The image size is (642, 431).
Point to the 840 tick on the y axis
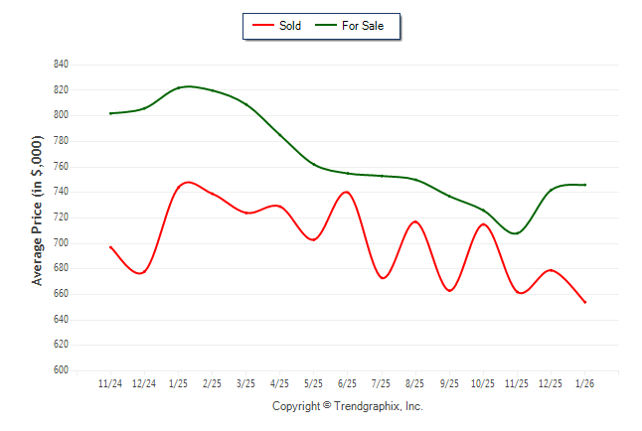(61, 65)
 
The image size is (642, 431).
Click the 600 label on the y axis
(61, 370)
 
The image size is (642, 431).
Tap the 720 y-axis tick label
(61, 217)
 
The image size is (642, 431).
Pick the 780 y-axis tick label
(61, 141)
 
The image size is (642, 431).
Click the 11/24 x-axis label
(110, 383)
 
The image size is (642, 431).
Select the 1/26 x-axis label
(585, 383)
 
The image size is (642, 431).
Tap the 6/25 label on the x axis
(348, 383)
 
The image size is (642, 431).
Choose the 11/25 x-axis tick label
(518, 383)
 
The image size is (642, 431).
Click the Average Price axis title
(38, 212)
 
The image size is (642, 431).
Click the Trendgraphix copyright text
(348, 406)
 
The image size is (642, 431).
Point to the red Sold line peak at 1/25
(186, 183)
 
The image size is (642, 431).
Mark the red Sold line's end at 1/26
(585, 302)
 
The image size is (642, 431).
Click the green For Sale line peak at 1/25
(188, 86)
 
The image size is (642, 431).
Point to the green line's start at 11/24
(110, 113)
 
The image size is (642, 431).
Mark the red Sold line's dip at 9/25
(450, 291)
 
